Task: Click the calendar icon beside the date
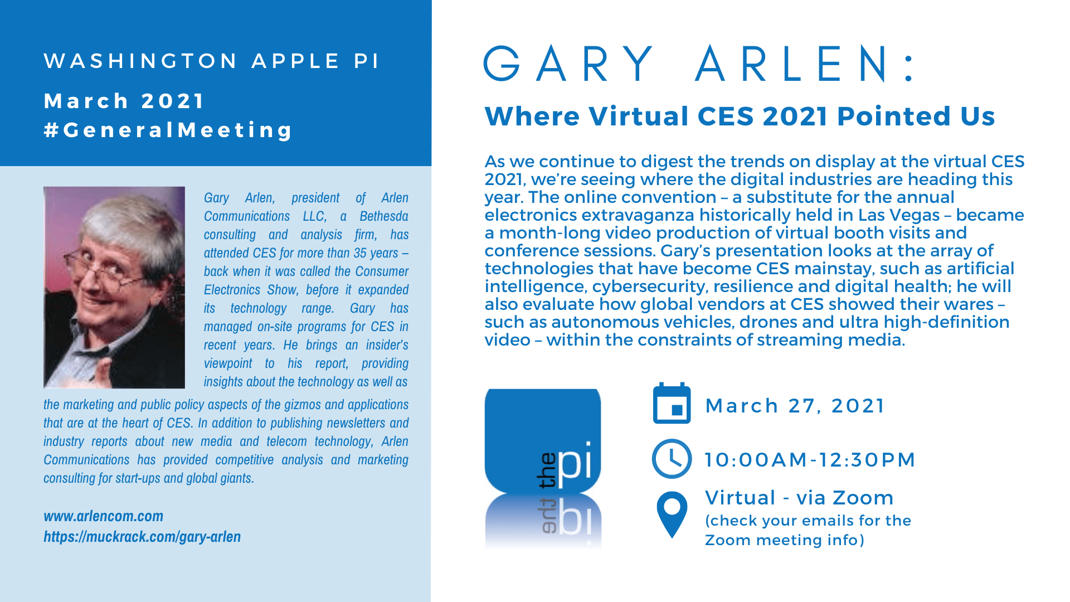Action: tap(672, 403)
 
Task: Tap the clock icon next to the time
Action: tap(672, 459)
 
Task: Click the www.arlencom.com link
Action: tap(104, 516)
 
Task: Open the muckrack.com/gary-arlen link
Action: tap(142, 537)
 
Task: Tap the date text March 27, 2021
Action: tap(795, 406)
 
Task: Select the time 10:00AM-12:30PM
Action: tap(810, 460)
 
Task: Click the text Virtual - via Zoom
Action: tap(799, 498)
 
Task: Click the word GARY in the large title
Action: tap(570, 64)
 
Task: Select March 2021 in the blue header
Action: tap(124, 101)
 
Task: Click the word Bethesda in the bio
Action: tap(384, 216)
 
